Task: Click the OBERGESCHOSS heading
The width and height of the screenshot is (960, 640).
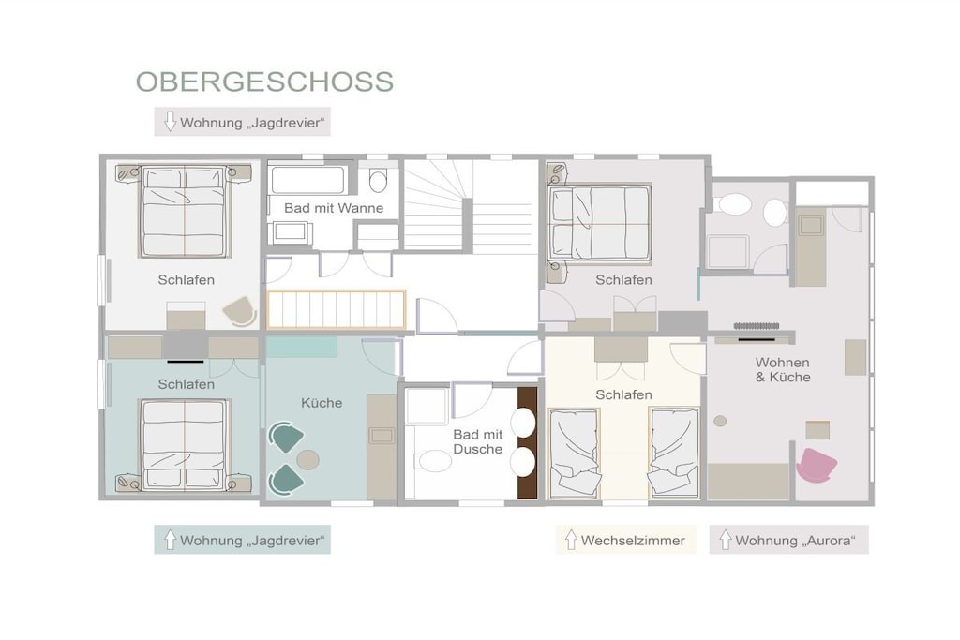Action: coord(264,82)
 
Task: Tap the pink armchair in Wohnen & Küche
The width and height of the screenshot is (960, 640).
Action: coord(817,465)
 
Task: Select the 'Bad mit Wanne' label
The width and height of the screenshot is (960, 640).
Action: coord(334,208)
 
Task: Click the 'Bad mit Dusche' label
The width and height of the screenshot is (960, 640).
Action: coord(477,441)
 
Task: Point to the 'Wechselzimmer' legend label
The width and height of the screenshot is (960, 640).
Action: coord(633,541)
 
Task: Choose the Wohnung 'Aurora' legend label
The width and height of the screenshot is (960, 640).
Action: coord(795,541)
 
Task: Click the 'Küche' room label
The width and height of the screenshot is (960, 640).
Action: coord(322,403)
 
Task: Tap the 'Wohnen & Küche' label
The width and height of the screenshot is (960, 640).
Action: coord(783,370)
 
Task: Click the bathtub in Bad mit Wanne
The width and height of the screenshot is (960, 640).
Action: coord(307,180)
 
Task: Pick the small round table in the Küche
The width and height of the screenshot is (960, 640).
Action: coord(307,459)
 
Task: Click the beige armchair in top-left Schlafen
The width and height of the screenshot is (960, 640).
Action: coord(239,310)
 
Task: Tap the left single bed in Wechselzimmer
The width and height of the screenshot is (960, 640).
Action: coord(575,453)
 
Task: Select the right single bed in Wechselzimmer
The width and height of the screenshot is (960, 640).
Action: coord(674,453)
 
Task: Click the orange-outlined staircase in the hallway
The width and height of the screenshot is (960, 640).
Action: coord(337,309)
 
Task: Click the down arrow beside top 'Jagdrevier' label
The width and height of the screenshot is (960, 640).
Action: coord(171,122)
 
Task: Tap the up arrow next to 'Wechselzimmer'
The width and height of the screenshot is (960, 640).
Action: coord(571,540)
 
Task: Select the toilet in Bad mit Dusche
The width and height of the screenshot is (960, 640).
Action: coord(434,461)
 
